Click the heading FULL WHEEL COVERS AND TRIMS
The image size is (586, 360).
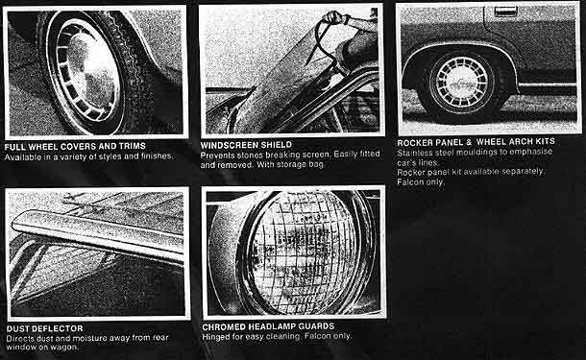point(75,146)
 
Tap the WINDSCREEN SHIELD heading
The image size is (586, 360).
point(246,145)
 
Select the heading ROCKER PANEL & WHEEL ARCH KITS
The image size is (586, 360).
point(476,142)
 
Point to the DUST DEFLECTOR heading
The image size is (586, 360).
point(45,328)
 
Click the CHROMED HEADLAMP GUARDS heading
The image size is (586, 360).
point(268,326)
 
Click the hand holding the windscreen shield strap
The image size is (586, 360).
point(335,17)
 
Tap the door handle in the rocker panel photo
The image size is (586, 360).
point(505,12)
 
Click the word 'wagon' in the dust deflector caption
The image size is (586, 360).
point(67,348)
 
